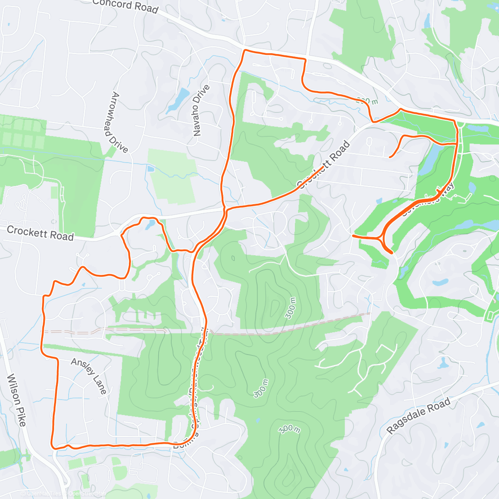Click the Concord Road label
pyautogui.click(x=125, y=6)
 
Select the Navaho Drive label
pyautogui.click(x=201, y=110)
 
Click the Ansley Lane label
pyautogui.click(x=89, y=375)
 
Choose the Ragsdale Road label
pyautogui.click(x=418, y=415)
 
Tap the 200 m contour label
pyautogui.click(x=368, y=100)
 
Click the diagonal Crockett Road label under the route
pyautogui.click(x=324, y=164)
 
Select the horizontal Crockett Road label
pyautogui.click(x=40, y=233)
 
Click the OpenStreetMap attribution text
pyautogui.click(x=87, y=494)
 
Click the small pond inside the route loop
pyautogui.click(x=149, y=225)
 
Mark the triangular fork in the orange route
pyautogui.click(x=381, y=238)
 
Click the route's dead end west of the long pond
pyautogui.click(x=390, y=157)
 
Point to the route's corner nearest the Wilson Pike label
pyautogui.click(x=53, y=447)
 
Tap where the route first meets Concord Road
pyautogui.click(x=245, y=50)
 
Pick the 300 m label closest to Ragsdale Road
pyautogui.click(x=289, y=428)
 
